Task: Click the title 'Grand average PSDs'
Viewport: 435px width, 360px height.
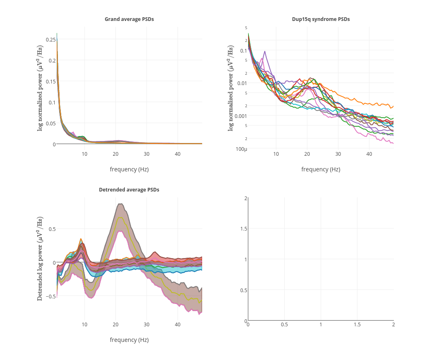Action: click(129, 19)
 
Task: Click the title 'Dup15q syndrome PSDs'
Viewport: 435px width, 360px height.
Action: click(321, 19)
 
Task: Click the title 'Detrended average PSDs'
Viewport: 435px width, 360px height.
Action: click(129, 190)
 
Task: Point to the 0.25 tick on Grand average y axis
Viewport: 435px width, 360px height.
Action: click(51, 39)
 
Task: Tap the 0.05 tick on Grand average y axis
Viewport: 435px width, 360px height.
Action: click(51, 123)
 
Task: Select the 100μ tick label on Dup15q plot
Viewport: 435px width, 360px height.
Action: click(242, 149)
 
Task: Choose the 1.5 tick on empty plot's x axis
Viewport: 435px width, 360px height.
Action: click(357, 325)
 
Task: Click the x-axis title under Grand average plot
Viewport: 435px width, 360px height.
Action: click(129, 169)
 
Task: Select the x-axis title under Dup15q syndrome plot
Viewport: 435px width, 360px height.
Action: click(321, 169)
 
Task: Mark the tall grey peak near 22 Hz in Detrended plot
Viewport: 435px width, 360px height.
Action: click(120, 204)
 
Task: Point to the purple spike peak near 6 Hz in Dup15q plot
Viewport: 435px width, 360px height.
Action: click(265, 51)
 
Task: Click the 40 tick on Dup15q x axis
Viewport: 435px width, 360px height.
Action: click(369, 154)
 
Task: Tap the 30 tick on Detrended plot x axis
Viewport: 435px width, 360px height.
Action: click(147, 325)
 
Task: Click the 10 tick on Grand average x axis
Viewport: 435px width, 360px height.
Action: click(85, 154)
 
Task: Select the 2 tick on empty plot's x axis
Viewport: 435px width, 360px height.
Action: click(393, 325)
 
